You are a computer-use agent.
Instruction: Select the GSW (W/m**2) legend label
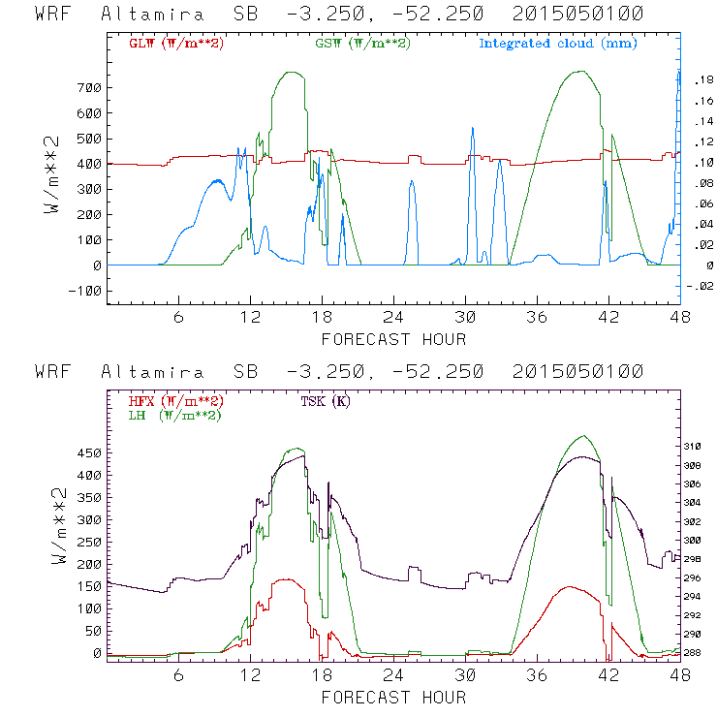[362, 44]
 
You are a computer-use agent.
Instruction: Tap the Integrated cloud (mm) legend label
[558, 44]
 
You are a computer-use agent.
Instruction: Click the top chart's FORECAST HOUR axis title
[393, 339]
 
